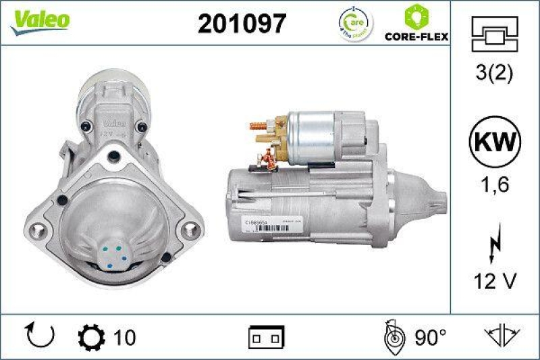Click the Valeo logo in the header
pos(38,20)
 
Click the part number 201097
pos(242,24)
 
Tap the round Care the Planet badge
pos(356,25)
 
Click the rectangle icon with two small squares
pos(268,336)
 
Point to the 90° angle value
pos(431,336)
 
